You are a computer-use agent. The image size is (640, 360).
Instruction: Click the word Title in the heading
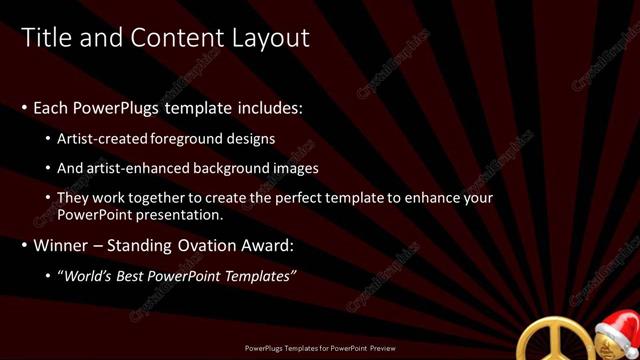[x=45, y=38]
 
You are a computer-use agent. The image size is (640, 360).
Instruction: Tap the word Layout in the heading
[x=266, y=38]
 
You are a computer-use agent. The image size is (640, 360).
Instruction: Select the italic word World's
[x=90, y=275]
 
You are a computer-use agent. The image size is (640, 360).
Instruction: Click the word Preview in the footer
[x=379, y=351]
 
